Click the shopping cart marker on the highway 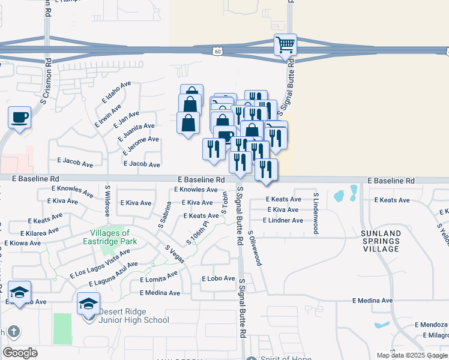[x=285, y=44]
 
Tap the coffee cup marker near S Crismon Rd [x=19, y=116]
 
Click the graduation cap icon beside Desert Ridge [x=88, y=304]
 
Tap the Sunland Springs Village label [x=381, y=240]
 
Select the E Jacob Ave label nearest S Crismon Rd [x=75, y=163]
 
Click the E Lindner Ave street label [x=285, y=220]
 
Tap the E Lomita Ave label [x=159, y=279]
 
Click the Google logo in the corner [x=20, y=353]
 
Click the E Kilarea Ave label [x=39, y=230]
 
